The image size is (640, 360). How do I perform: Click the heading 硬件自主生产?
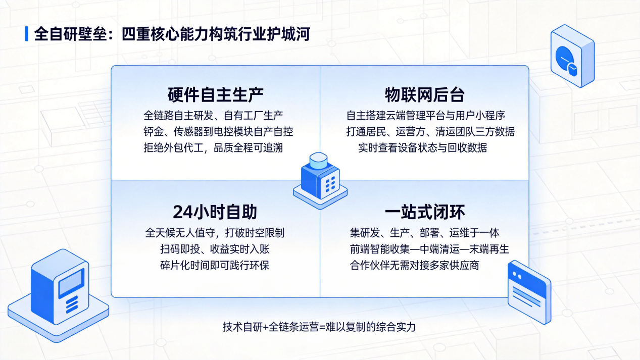point(215,95)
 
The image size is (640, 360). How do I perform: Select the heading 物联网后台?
point(425,95)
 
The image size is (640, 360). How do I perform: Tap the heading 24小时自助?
point(215,212)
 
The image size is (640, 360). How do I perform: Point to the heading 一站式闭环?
point(425,212)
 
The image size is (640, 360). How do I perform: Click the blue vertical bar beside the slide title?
point(27,34)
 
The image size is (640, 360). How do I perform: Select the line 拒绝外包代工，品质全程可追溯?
point(213,148)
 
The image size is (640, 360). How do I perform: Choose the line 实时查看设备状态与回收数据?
point(423,148)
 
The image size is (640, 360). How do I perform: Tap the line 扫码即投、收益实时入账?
point(215,249)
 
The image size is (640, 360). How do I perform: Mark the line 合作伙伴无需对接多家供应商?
point(414,266)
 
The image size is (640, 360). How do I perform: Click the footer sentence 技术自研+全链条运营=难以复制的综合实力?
point(319,327)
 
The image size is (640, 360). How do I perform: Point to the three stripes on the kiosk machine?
point(72,305)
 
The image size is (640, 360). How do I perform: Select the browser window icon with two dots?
point(529,292)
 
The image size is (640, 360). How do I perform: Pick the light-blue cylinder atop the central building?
point(318,161)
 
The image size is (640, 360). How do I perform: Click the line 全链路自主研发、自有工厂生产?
point(213,116)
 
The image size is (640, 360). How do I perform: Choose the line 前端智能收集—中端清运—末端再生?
point(429,249)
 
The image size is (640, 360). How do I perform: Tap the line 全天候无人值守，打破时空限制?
point(215,233)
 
